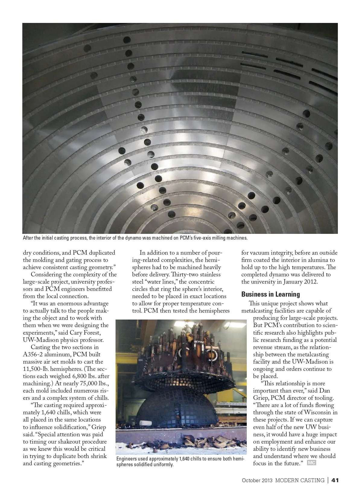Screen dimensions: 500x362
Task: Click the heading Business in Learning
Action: point(270,294)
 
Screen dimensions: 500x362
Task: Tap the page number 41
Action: point(335,480)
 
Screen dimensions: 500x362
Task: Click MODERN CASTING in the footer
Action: point(300,480)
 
